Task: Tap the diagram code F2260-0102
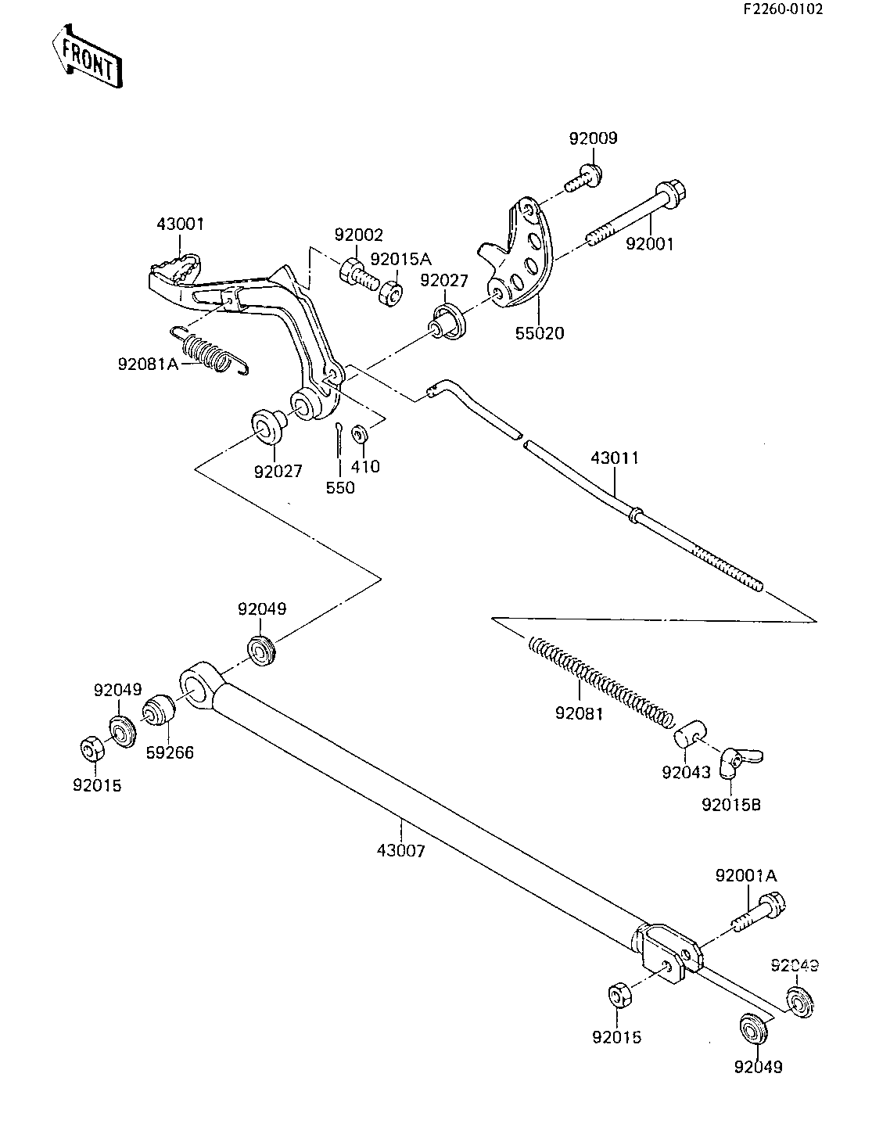tap(783, 9)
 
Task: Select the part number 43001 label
tap(180, 224)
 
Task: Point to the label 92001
tap(650, 243)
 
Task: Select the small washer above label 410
tap(360, 434)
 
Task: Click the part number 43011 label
tap(615, 458)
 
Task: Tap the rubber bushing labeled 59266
tap(159, 710)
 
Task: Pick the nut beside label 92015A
tap(392, 293)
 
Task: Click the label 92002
tap(359, 235)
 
